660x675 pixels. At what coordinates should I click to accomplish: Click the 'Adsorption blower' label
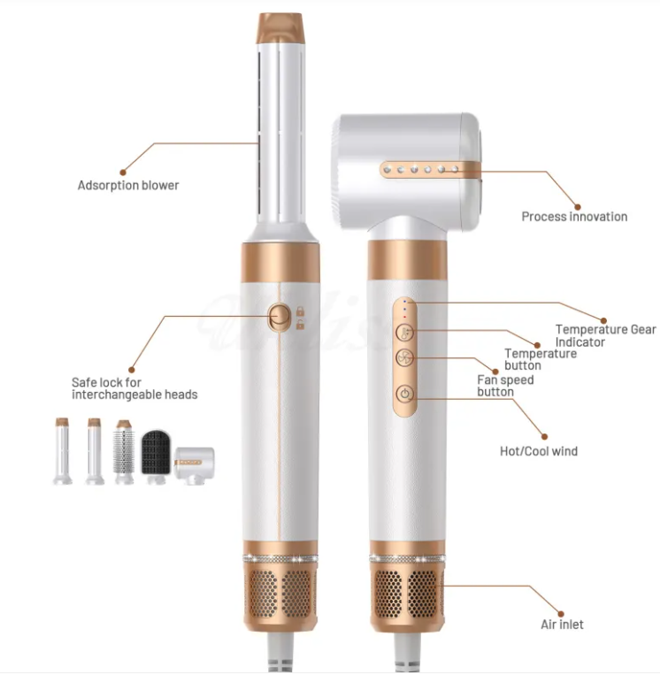coord(128,186)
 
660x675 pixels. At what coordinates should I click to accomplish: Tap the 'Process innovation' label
coord(574,217)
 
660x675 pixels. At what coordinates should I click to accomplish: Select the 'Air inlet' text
coord(563,625)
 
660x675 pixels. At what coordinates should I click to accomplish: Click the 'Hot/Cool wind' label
coord(539,451)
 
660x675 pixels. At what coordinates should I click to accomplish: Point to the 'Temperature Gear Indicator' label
coord(606,336)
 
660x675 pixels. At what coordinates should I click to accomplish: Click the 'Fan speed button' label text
coord(505,386)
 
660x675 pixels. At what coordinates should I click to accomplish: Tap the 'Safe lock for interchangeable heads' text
coord(134,388)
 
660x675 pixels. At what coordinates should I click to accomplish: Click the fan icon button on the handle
coord(405,357)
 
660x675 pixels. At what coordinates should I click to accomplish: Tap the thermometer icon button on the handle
coord(405,333)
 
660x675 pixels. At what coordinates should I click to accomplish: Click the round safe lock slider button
coord(279,318)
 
